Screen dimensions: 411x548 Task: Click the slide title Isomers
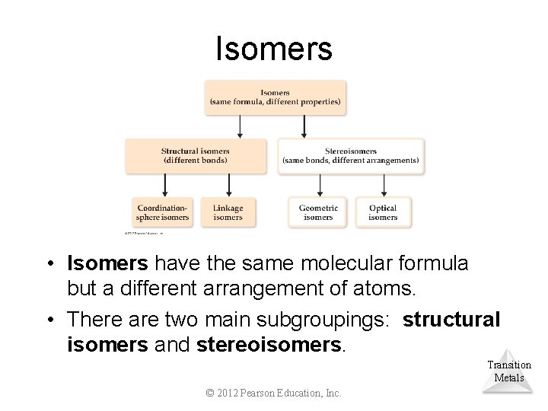pyautogui.click(x=274, y=49)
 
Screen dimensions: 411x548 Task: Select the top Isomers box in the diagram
pyautogui.click(x=275, y=97)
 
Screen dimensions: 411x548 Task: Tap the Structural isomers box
pyautogui.click(x=196, y=156)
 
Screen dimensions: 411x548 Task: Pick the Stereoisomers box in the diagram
pyautogui.click(x=351, y=156)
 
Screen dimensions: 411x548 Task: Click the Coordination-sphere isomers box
pyautogui.click(x=162, y=212)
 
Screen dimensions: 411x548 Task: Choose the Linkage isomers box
pyautogui.click(x=228, y=212)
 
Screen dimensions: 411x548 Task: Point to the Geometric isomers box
pyautogui.click(x=318, y=212)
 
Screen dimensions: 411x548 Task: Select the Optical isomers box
pyautogui.click(x=383, y=212)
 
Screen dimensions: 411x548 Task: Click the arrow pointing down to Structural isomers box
pyautogui.click(x=241, y=126)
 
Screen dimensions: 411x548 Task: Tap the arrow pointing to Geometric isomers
pyautogui.click(x=319, y=185)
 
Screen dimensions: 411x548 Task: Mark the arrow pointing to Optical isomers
pyautogui.click(x=383, y=185)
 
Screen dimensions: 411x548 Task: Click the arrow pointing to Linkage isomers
pyautogui.click(x=228, y=185)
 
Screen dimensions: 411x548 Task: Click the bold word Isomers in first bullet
pyautogui.click(x=108, y=263)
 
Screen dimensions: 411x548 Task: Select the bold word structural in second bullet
pyautogui.click(x=451, y=319)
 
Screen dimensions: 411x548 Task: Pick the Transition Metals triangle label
pyautogui.click(x=509, y=371)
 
